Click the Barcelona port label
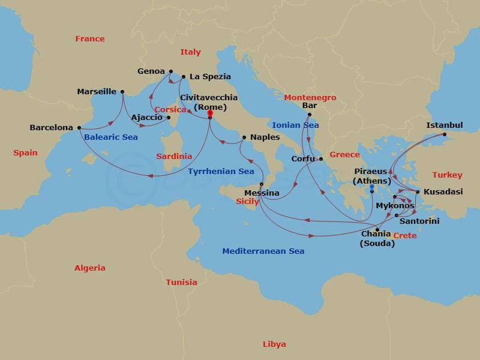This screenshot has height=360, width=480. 51,128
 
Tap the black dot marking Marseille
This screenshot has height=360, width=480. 122,92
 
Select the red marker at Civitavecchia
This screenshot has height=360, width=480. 210,113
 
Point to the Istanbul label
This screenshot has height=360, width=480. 444,125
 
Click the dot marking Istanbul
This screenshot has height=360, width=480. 445,134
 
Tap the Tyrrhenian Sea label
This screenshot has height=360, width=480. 221,172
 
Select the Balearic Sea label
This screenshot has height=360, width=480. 111,137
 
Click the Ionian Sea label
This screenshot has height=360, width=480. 295,125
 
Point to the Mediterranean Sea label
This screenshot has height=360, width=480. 263,251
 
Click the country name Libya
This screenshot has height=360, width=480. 274,344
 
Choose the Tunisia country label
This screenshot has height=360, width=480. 181,283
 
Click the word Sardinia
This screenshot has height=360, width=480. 174,157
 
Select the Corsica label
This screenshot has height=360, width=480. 171,110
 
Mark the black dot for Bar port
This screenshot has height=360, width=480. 310,115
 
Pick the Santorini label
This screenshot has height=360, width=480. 420,221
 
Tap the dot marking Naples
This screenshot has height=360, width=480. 244,137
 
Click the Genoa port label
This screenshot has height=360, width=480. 151,71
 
